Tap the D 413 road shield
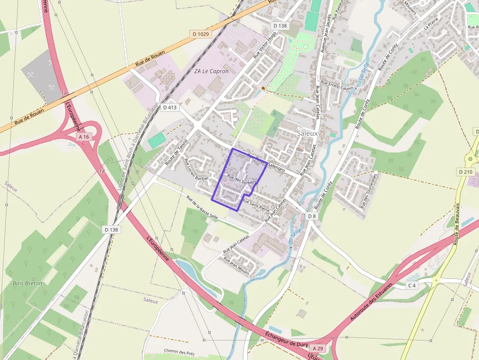point(170,107)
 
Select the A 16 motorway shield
point(84,137)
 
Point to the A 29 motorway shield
point(317,348)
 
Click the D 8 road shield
point(312,215)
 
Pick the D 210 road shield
point(465,172)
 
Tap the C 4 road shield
point(412,285)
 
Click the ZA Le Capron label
point(211,71)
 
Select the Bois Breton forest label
point(27,283)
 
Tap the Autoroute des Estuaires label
point(372,300)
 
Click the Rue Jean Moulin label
point(237,265)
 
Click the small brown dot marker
point(263,88)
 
